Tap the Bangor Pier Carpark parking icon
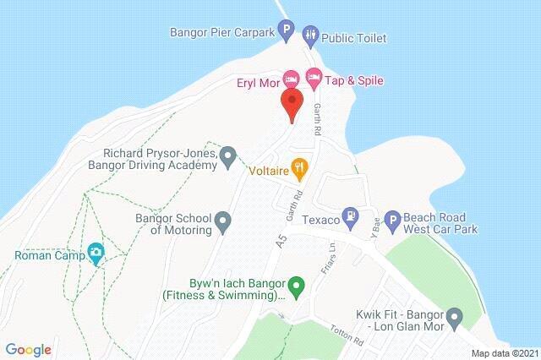(x=287, y=34)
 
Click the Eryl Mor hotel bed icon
(x=290, y=79)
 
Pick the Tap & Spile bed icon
(x=314, y=79)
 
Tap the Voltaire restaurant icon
(x=298, y=168)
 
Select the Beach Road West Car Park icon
(x=391, y=221)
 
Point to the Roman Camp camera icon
(x=96, y=252)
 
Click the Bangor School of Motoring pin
(x=223, y=222)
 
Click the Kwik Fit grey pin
(x=455, y=319)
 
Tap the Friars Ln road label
(x=332, y=246)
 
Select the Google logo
(x=29, y=349)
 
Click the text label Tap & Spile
(x=355, y=80)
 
